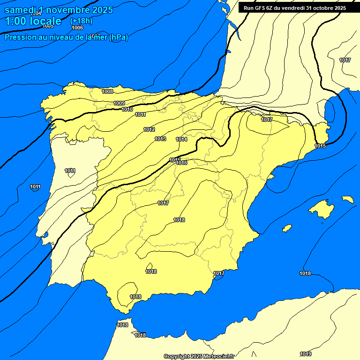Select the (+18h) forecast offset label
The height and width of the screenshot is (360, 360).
tap(81, 21)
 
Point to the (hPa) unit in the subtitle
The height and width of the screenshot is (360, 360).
tap(118, 37)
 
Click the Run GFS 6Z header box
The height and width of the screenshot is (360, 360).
tap(295, 8)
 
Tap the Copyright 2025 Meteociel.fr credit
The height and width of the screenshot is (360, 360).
tap(199, 356)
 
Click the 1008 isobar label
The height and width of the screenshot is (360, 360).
tap(107, 91)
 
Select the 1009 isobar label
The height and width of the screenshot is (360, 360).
tap(119, 103)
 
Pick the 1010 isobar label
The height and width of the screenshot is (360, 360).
tap(127, 109)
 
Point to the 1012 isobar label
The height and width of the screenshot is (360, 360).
tap(149, 129)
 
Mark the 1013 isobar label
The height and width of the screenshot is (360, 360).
tap(160, 139)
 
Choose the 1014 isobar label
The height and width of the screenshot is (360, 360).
tap(181, 139)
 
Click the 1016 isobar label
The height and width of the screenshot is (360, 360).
tap(182, 163)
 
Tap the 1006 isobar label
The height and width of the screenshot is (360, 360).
tap(77, 28)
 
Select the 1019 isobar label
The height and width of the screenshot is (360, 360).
tap(306, 354)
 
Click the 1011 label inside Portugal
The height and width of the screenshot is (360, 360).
tap(70, 171)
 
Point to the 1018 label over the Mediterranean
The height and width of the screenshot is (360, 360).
tap(305, 273)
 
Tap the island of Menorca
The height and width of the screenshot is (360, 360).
tap(348, 199)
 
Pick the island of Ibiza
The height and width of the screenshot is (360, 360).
tap(287, 228)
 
